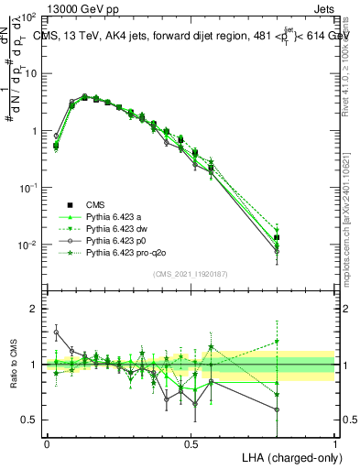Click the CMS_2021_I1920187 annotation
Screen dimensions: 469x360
[191, 274]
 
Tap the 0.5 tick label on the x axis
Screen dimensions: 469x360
[191, 443]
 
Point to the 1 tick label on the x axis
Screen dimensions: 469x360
[335, 443]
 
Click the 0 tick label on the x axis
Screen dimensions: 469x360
[47, 443]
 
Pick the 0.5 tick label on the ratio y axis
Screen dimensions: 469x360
[29, 420]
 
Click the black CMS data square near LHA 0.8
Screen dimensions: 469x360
[278, 238]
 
